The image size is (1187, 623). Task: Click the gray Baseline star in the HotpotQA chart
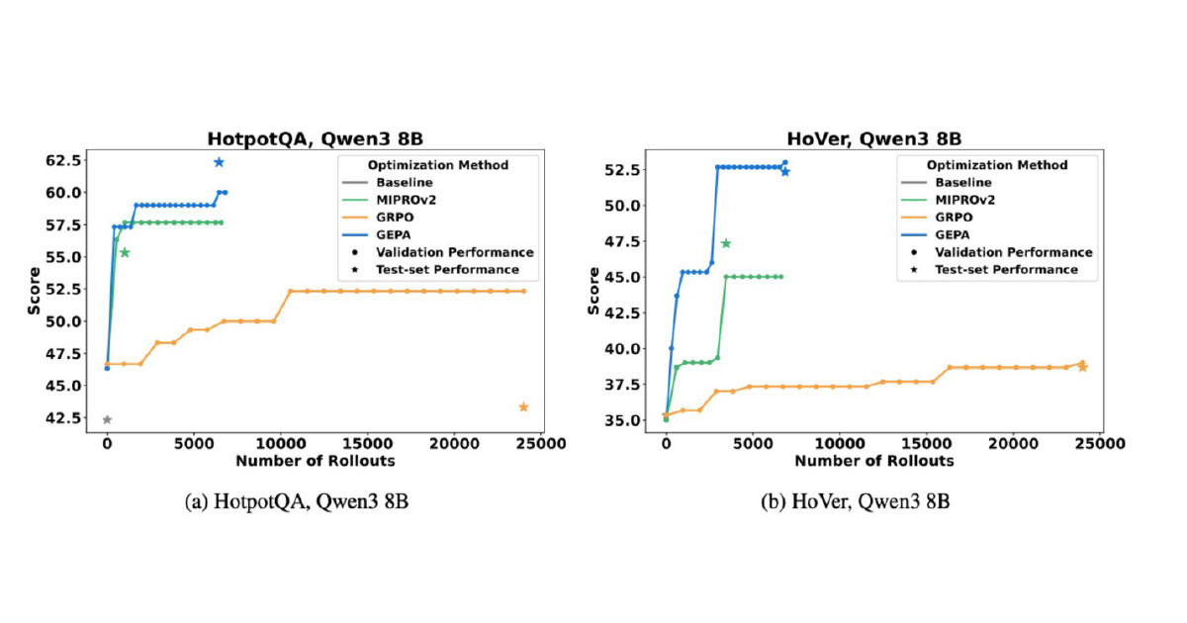(x=107, y=419)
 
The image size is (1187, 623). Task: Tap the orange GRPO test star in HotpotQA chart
(x=523, y=407)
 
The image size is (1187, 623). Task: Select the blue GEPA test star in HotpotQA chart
(x=219, y=162)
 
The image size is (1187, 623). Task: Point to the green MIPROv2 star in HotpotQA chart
(x=125, y=252)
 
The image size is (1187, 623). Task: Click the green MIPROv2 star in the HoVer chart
(x=725, y=243)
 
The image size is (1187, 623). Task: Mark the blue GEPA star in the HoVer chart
(x=785, y=171)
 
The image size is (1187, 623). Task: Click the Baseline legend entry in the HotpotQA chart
(x=404, y=182)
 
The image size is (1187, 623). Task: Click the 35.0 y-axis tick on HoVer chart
(x=627, y=420)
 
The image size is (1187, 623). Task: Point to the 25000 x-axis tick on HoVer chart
(x=1100, y=446)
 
